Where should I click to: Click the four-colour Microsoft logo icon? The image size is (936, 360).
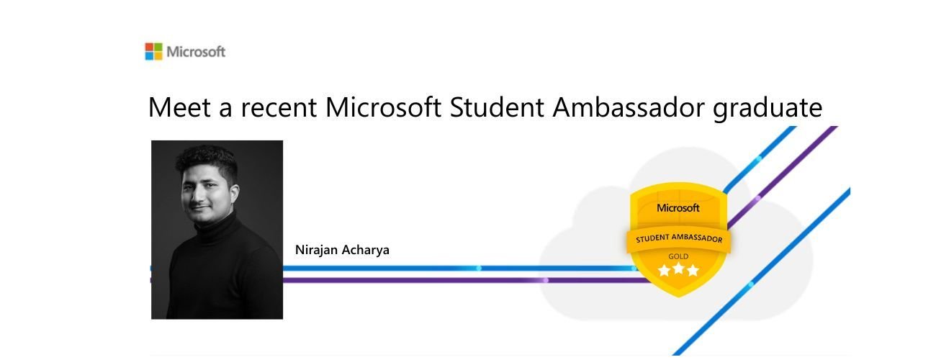click(153, 52)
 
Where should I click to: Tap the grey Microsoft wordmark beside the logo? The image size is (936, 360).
click(196, 52)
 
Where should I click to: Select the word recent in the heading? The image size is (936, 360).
click(276, 108)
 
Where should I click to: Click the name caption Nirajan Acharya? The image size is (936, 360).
click(342, 250)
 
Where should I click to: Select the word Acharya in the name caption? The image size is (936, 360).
click(367, 250)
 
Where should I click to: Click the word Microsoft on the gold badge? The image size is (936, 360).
click(678, 208)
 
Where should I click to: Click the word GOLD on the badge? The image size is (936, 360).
click(678, 256)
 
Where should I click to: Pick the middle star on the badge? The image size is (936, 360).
click(678, 271)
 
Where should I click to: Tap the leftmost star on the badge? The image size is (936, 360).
click(663, 271)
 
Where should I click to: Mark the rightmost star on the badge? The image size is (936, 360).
click(693, 271)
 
